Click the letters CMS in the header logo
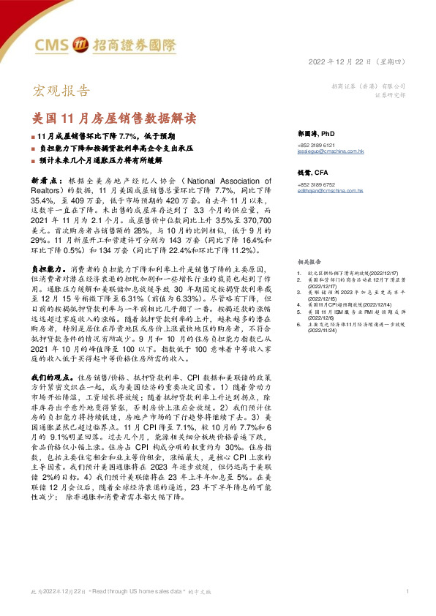pyautogui.click(x=53, y=45)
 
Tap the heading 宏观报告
pyautogui.click(x=63, y=91)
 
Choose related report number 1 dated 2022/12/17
pyautogui.click(x=358, y=274)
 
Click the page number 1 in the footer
pyautogui.click(x=406, y=590)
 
